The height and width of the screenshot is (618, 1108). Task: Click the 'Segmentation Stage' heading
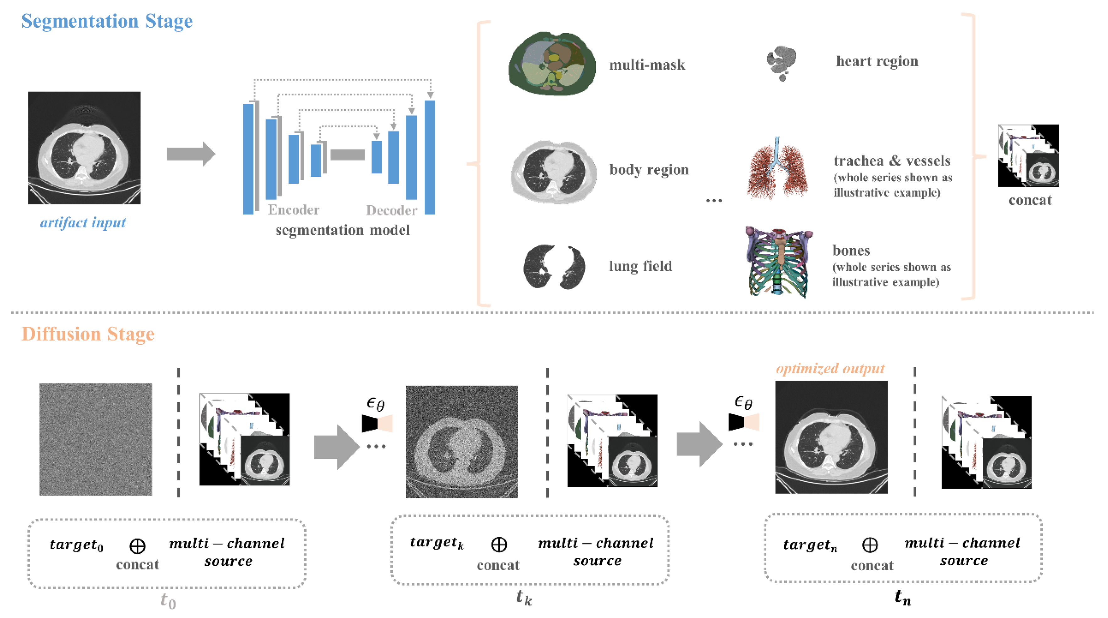pyautogui.click(x=107, y=21)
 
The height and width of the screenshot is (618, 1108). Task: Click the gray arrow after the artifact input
pyautogui.click(x=191, y=154)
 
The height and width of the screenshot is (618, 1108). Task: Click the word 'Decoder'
pyautogui.click(x=391, y=210)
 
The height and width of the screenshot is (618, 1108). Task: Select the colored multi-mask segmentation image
pyautogui.click(x=552, y=64)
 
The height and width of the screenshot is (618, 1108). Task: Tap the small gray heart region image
pyautogui.click(x=781, y=63)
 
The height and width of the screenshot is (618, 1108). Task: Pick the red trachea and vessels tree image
pyautogui.click(x=777, y=169)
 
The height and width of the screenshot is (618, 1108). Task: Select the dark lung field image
pyautogui.click(x=554, y=267)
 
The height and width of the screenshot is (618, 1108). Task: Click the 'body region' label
pyautogui.click(x=649, y=170)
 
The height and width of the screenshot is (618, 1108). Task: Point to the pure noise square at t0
pyautogui.click(x=95, y=439)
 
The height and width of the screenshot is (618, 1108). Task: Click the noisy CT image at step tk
pyautogui.click(x=462, y=442)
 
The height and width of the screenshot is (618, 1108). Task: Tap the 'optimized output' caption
pyautogui.click(x=830, y=369)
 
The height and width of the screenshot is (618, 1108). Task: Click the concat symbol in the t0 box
pyautogui.click(x=137, y=546)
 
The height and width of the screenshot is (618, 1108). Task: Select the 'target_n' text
pyautogui.click(x=810, y=545)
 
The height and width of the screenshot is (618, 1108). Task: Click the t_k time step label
pyautogui.click(x=524, y=597)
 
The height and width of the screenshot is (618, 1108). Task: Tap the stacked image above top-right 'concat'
pyautogui.click(x=1028, y=156)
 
